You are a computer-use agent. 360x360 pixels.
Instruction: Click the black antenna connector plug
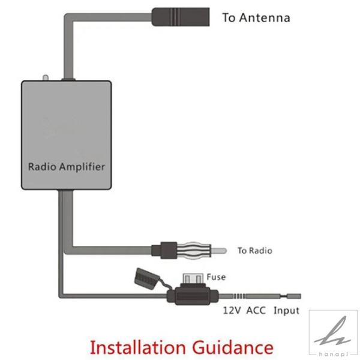[x=181, y=17]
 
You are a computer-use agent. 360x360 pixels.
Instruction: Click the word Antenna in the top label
[x=264, y=18]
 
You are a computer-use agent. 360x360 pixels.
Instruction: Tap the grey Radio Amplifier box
[x=67, y=135]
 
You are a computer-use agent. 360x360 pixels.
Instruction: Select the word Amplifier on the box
[x=82, y=167]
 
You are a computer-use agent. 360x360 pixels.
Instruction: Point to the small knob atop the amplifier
[x=46, y=78]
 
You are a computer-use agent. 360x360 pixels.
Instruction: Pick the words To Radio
[x=254, y=250]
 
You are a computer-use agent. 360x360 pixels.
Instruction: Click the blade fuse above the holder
[x=193, y=278]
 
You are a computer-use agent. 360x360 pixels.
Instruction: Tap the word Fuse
[x=216, y=277]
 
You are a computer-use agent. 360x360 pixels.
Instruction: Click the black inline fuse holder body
[x=193, y=295]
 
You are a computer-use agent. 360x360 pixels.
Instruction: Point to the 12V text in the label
[x=232, y=311]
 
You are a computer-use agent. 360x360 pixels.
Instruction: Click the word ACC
[x=256, y=311]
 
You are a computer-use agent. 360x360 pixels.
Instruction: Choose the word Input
[x=286, y=311]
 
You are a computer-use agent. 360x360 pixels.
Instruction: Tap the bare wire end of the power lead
[x=293, y=296]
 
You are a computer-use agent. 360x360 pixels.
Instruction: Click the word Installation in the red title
[x=138, y=347]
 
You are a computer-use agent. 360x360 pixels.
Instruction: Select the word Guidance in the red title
[x=233, y=347]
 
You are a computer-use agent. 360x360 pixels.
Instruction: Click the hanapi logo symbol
[x=333, y=331]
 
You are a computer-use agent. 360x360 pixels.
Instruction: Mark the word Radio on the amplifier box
[x=42, y=166]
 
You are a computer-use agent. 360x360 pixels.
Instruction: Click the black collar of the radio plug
[x=169, y=250]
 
